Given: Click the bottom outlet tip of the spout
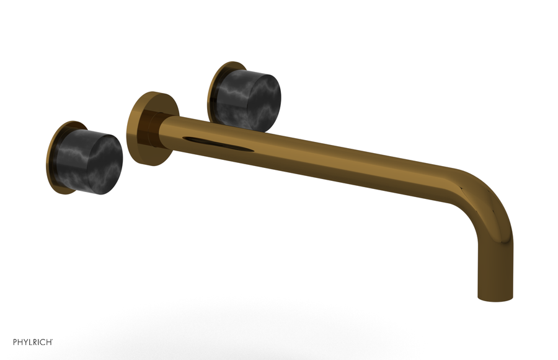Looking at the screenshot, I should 495,297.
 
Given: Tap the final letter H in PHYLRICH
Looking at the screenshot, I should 48,341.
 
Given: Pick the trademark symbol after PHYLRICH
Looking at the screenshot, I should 53,339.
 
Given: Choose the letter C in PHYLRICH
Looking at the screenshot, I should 41,341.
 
